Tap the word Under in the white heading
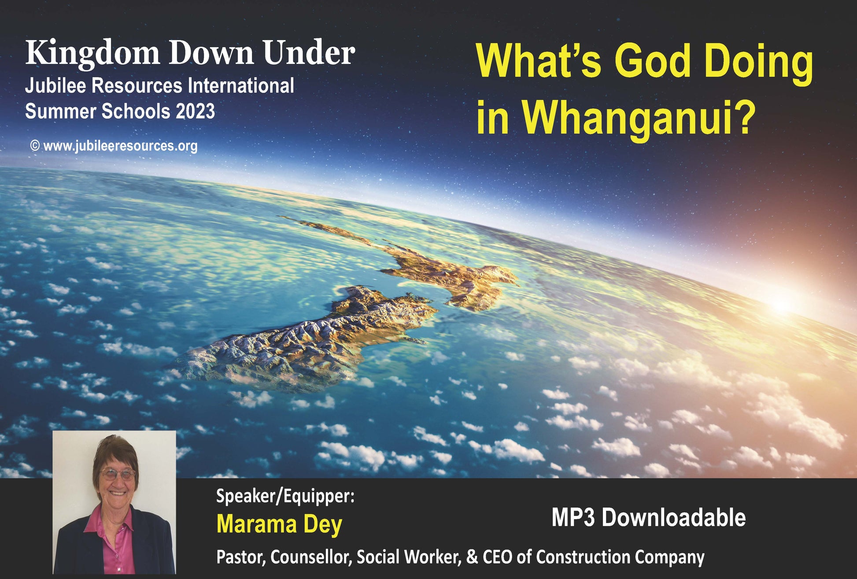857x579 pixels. (309, 52)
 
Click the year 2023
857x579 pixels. (195, 111)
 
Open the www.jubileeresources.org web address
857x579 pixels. (120, 146)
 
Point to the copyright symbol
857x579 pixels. (35, 145)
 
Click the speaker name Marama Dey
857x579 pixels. (279, 524)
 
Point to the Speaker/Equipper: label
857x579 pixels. (285, 496)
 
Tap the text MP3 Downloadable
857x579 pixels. (649, 517)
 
